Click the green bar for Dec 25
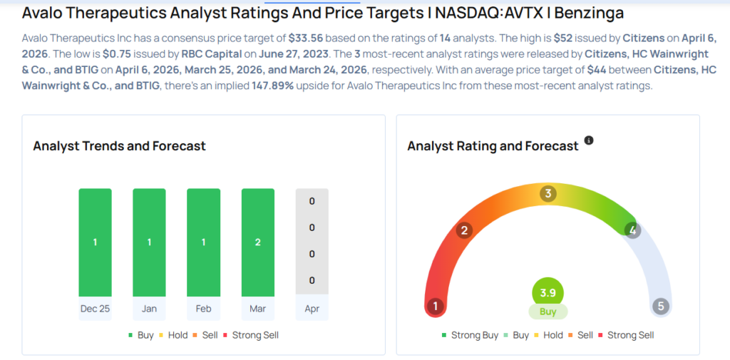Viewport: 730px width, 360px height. (95, 242)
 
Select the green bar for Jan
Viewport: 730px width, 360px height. (149, 242)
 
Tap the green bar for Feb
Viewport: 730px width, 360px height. (203, 242)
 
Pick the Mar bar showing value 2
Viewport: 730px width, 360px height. (257, 242)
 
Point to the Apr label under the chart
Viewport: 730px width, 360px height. (312, 309)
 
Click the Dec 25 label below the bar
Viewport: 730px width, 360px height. (95, 309)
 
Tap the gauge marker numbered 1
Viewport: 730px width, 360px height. (435, 307)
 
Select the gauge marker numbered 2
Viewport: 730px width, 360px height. (464, 230)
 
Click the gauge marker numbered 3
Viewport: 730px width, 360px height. (547, 193)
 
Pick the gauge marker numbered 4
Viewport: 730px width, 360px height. (632, 230)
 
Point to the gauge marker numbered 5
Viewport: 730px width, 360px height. (661, 307)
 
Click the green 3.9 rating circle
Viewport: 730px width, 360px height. (547, 292)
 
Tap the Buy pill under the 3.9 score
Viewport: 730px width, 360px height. (547, 312)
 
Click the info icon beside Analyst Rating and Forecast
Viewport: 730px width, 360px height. (589, 140)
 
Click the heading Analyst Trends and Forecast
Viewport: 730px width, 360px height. (119, 146)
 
